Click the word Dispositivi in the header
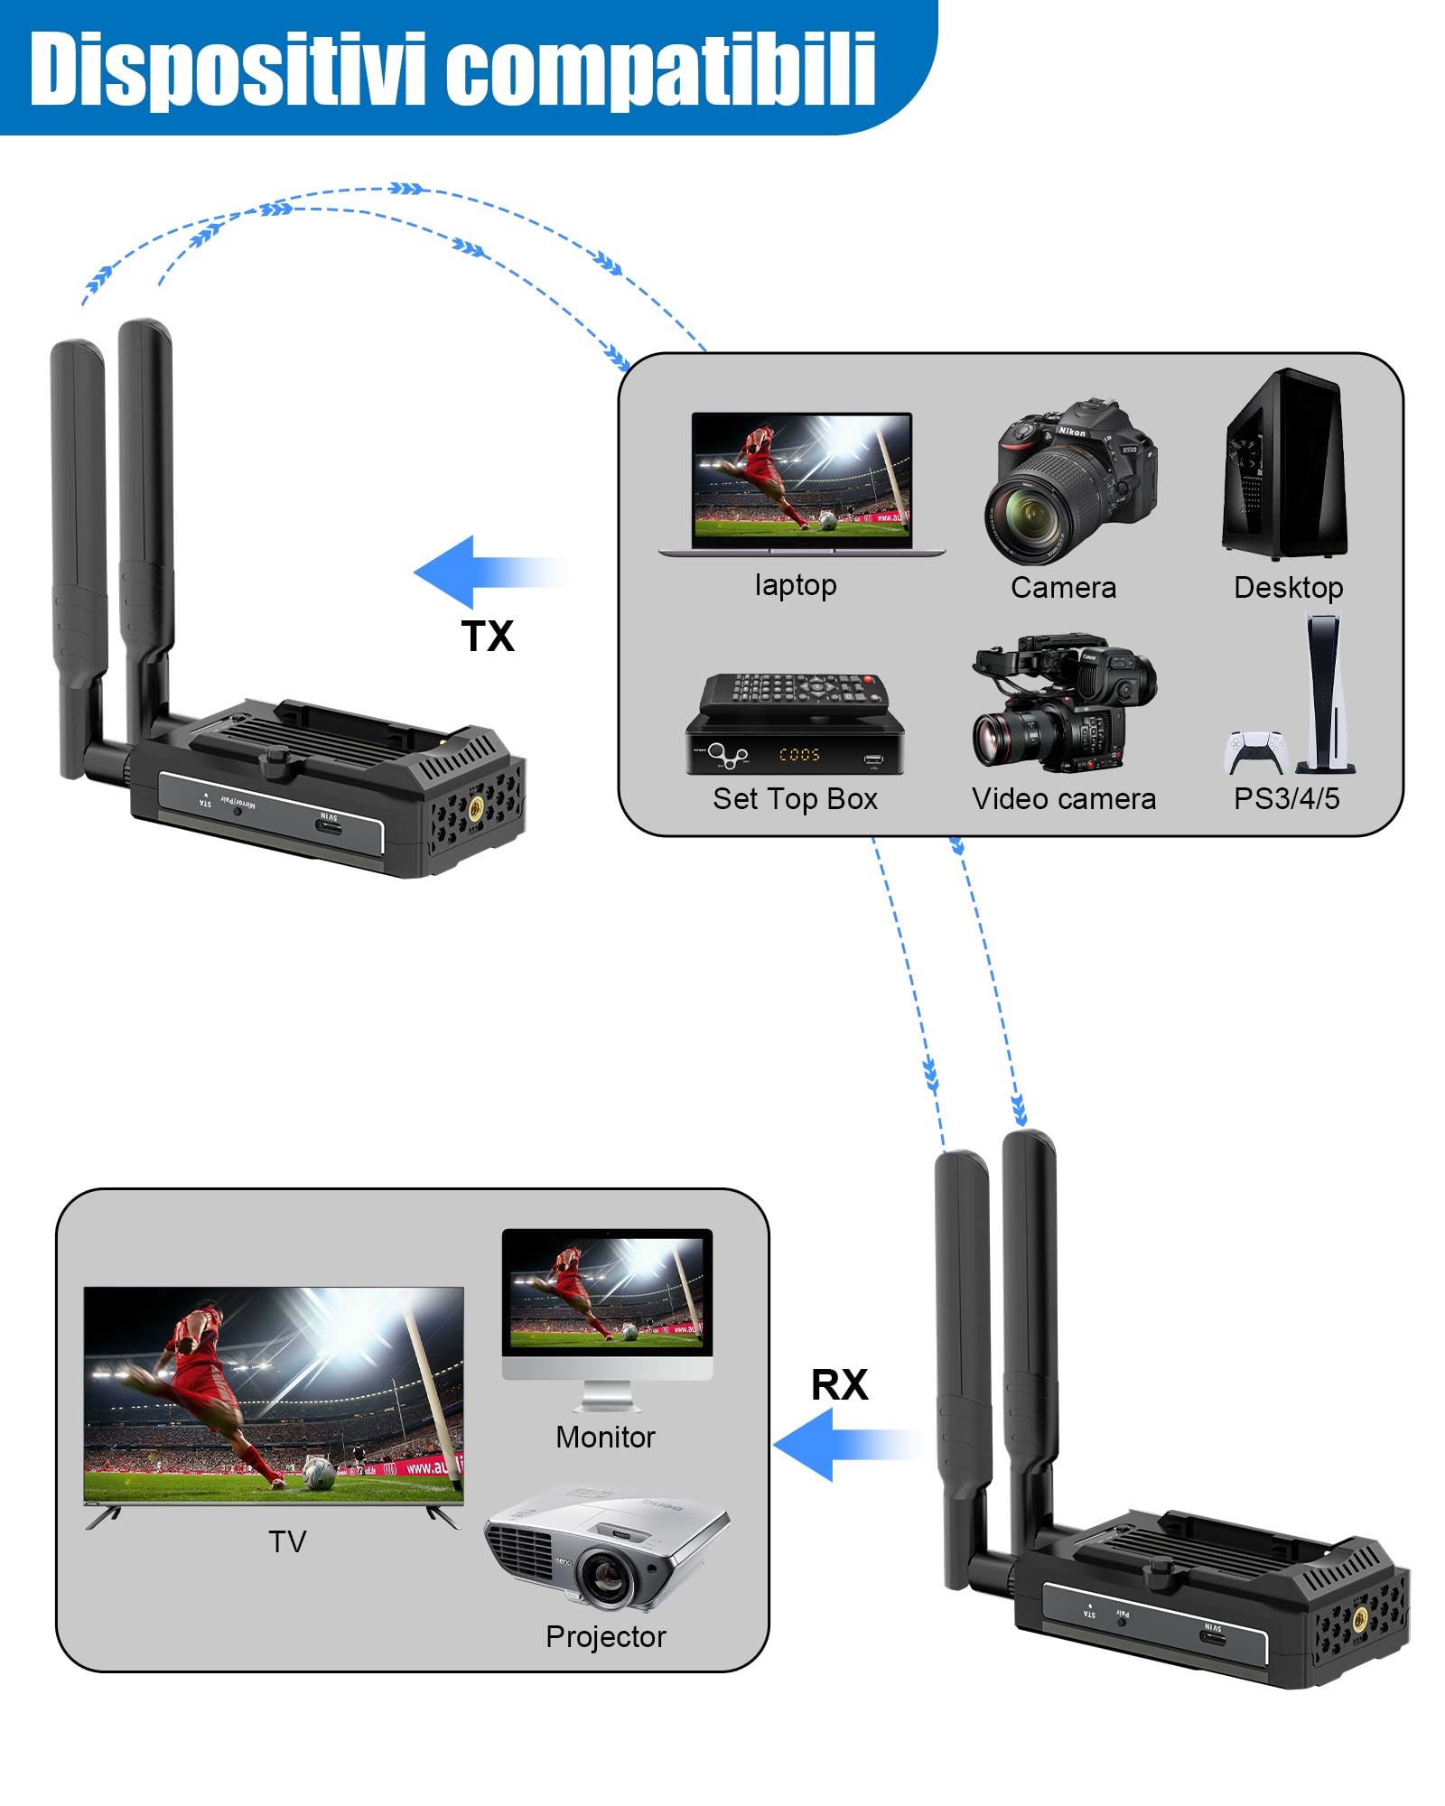pos(226,69)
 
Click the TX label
pos(487,636)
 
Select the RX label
pos(839,1384)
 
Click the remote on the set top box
pos(795,691)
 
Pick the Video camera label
pos(1063,798)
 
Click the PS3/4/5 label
pos(1286,798)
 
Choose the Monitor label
pos(605,1437)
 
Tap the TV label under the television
pos(287,1541)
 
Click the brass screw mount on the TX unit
pos(475,808)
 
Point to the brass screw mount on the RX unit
pos(1359,1617)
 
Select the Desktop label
pos(1288,587)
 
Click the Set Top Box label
pos(795,798)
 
